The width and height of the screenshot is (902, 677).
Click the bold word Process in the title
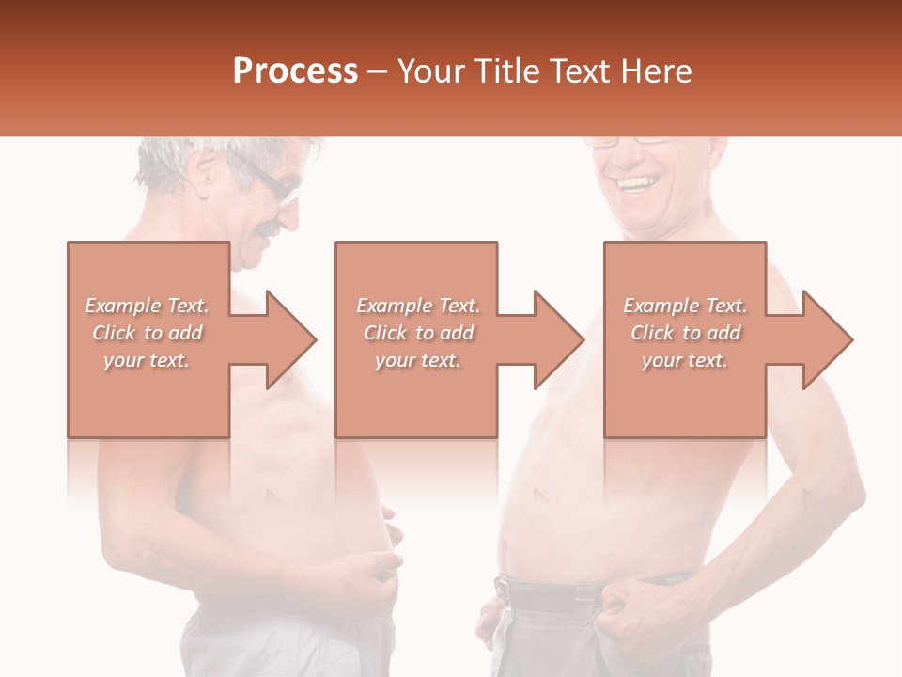[295, 71]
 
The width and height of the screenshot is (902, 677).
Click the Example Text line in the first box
[148, 306]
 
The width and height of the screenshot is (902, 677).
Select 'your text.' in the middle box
[417, 360]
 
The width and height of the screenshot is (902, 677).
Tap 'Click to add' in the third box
[685, 333]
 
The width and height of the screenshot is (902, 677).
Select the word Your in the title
[431, 71]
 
